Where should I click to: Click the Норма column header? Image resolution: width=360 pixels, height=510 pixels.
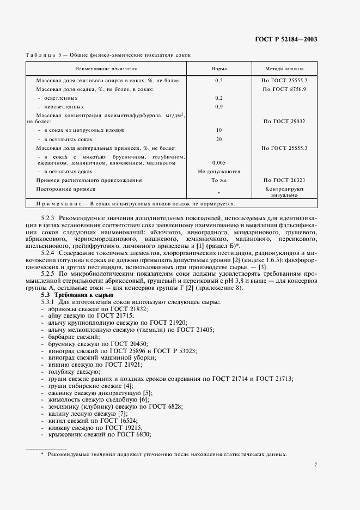pyautogui.click(x=219, y=70)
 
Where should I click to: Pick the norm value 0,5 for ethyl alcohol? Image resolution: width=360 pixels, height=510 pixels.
pyautogui.click(x=219, y=80)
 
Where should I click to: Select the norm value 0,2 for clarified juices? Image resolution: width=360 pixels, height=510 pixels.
pyautogui.click(x=219, y=98)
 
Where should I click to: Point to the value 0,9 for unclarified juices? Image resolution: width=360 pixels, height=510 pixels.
pyautogui.click(x=219, y=106)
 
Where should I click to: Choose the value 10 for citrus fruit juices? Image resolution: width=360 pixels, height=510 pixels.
pyautogui.click(x=219, y=131)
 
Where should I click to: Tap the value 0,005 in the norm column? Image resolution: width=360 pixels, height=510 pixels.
pyautogui.click(x=219, y=162)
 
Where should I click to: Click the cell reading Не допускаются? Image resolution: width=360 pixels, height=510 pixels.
pyautogui.click(x=219, y=171)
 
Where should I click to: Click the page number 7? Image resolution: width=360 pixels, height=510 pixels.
pyautogui.click(x=315, y=464)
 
